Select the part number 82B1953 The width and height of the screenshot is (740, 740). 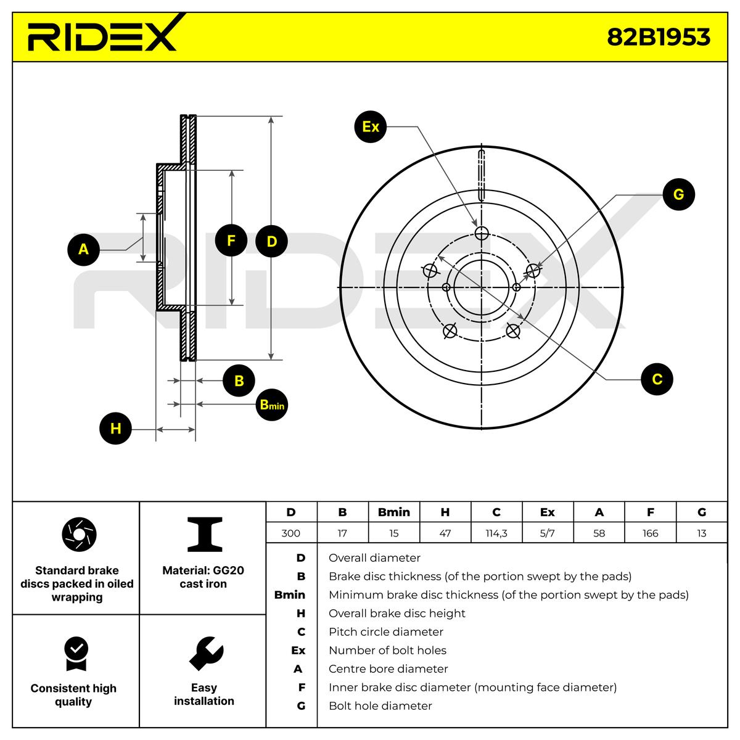coord(659,38)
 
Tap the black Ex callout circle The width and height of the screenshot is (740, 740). coord(371,127)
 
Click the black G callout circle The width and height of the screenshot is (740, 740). coord(678,195)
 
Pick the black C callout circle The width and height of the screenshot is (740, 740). coord(657,379)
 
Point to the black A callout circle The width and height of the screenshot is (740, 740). coord(83,250)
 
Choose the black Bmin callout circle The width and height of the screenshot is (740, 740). coord(271,405)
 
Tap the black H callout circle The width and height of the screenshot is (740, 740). coord(116,429)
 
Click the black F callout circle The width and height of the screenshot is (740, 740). coord(231,240)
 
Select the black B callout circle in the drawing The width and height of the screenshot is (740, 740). coord(239,381)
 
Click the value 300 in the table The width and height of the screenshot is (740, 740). coord(291,533)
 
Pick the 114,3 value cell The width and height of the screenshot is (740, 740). coord(496,533)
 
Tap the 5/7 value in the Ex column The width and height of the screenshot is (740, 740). coord(547,533)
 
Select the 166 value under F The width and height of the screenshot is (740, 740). coord(650,533)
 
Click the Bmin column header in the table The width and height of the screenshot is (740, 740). coord(393,512)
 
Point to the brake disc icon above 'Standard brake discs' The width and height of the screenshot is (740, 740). coord(79,535)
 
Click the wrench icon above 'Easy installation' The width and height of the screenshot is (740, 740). coord(205,652)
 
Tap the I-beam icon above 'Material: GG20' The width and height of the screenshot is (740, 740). coord(204,534)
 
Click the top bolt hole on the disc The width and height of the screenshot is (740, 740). coord(482,233)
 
